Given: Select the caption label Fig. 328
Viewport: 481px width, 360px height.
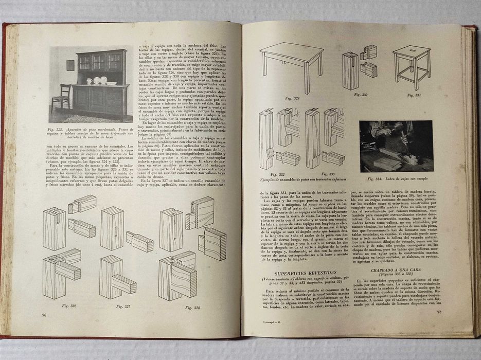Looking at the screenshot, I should pos(179,308).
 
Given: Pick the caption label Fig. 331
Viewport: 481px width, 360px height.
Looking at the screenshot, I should pos(414,95).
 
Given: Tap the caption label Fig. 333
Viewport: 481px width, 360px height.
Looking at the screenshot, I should pos(328,174).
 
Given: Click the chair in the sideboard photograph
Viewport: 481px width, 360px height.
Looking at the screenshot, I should pos(62,96).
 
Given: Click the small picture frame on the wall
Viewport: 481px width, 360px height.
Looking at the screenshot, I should pos(70,65).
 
